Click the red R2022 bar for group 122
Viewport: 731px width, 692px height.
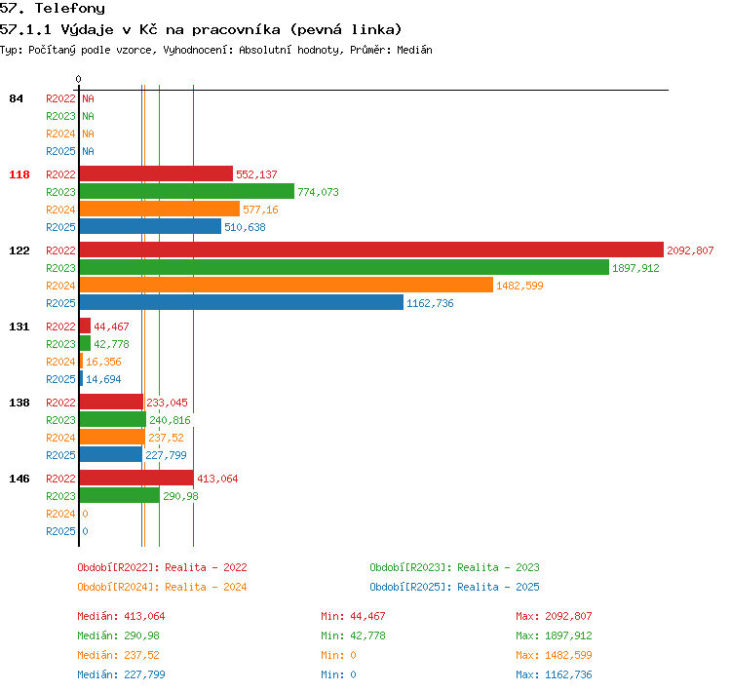(371, 250)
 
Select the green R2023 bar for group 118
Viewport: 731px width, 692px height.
(187, 191)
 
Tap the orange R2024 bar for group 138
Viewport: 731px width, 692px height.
(112, 437)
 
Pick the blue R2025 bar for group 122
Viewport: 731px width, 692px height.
(242, 303)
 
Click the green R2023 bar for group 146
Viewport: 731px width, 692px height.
(120, 495)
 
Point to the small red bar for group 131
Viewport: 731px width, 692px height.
(86, 326)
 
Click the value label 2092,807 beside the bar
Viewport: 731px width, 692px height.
(690, 250)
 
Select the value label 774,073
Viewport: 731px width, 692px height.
(318, 192)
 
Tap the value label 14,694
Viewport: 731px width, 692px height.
(103, 379)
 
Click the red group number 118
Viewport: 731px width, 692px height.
(19, 174)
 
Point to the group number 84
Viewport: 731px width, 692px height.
(16, 98)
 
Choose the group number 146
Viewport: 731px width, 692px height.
(19, 479)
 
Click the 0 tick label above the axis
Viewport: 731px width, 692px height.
(78, 79)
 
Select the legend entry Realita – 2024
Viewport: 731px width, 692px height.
(206, 587)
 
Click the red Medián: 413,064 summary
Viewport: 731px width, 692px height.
(121, 616)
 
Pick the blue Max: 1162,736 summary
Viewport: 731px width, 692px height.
(554, 674)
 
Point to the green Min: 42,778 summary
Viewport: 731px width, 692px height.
(353, 635)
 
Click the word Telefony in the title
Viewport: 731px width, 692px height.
(70, 9)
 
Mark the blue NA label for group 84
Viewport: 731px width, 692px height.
(88, 151)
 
